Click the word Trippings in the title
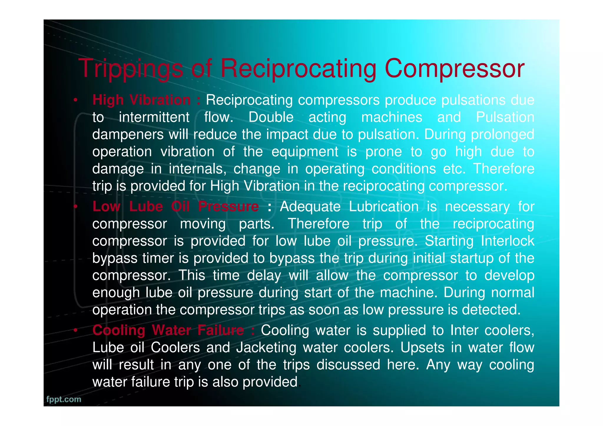pyautogui.click(x=131, y=69)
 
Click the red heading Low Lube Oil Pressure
pyautogui.click(x=175, y=206)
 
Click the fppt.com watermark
pyautogui.click(x=64, y=399)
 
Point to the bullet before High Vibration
pyautogui.click(x=75, y=100)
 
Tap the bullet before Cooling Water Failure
pyautogui.click(x=75, y=331)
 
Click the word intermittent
pyautogui.click(x=154, y=117)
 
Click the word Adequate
pyautogui.click(x=310, y=206)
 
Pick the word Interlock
pyautogui.click(x=507, y=241)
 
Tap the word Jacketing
pyautogui.click(x=266, y=348)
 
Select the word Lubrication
pyautogui.click(x=384, y=206)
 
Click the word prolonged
pyautogui.click(x=502, y=135)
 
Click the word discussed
pyautogui.click(x=348, y=365)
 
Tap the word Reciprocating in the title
pyautogui.click(x=298, y=69)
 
